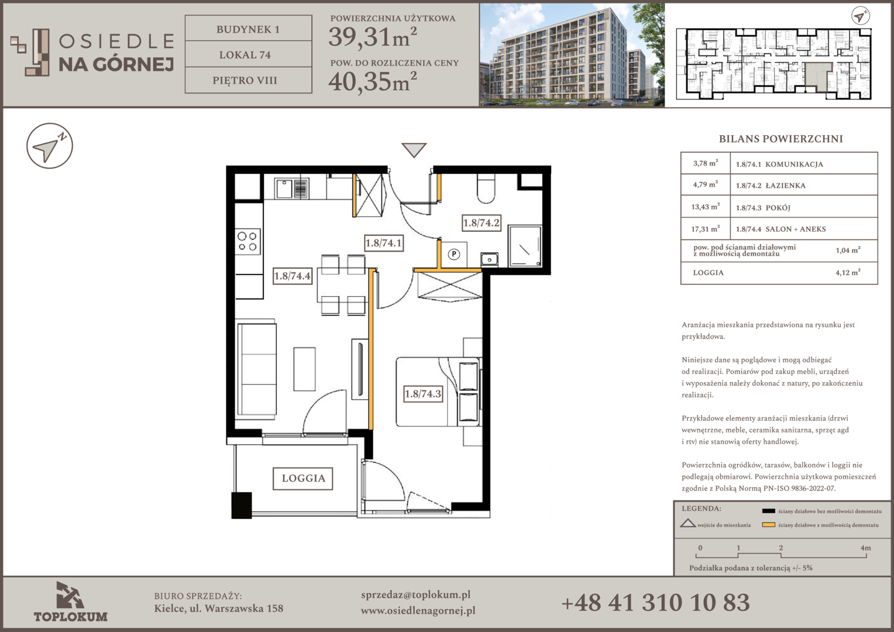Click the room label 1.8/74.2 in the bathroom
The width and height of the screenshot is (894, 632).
click(482, 223)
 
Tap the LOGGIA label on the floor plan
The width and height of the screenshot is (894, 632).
click(303, 478)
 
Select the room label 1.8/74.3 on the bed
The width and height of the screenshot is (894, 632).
click(423, 394)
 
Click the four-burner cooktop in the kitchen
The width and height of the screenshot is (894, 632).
click(247, 242)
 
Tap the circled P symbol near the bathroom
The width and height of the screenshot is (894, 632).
click(454, 254)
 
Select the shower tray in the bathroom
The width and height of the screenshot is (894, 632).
click(525, 246)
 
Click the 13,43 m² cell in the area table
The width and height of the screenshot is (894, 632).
click(705, 207)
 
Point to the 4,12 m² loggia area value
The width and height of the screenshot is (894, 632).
click(848, 273)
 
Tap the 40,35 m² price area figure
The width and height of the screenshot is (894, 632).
click(372, 81)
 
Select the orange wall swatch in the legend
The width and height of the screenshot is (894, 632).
click(768, 525)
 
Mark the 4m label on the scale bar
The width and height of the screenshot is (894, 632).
click(866, 548)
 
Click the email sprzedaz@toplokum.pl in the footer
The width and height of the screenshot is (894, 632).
click(415, 595)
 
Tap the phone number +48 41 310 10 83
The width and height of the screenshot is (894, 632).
click(655, 603)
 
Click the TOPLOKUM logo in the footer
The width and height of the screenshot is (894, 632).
click(70, 602)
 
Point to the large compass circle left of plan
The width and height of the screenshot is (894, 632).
click(50, 146)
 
